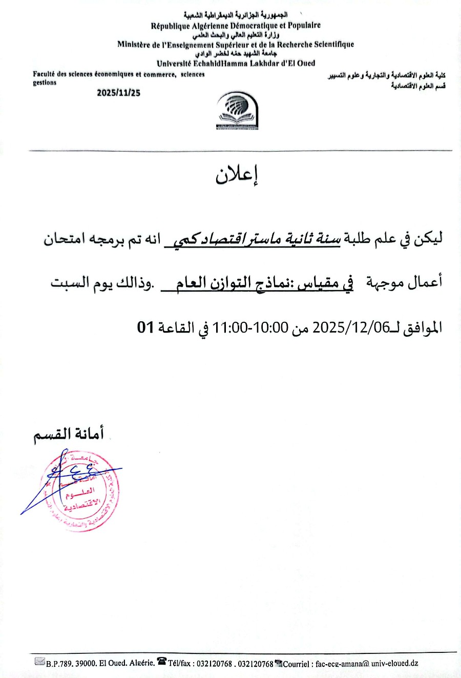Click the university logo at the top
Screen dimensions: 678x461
pos(237,111)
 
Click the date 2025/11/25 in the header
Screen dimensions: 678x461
pos(118,93)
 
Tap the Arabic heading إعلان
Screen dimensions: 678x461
pos(237,175)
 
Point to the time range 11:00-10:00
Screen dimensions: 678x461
pos(251,327)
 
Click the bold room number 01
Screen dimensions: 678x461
pos(145,327)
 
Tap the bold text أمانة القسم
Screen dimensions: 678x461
pos(69,434)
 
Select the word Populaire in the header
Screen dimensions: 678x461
pos(304,26)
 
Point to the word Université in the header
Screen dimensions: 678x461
pos(174,64)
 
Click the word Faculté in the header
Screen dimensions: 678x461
pos(44,74)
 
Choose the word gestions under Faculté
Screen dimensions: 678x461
pos(45,83)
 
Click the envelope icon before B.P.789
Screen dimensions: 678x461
pos(39,662)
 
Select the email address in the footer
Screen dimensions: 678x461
pos(367,663)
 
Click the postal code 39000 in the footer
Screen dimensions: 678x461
pos(86,663)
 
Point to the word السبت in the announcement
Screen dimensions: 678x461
pos(69,282)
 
